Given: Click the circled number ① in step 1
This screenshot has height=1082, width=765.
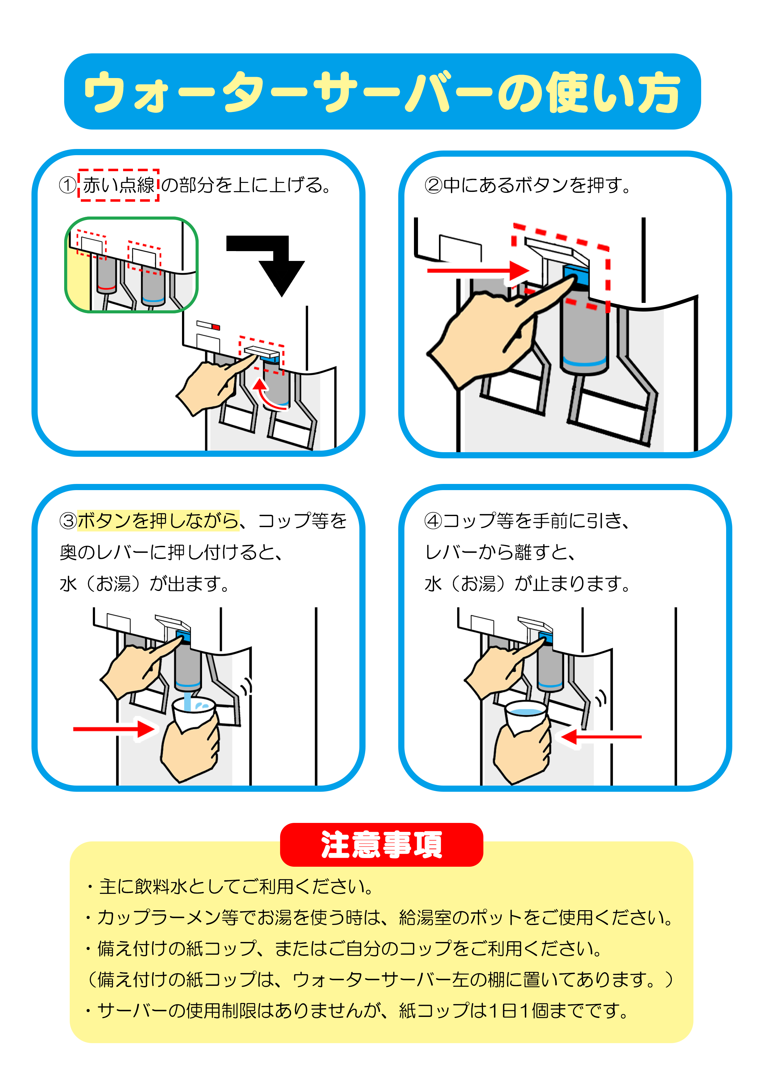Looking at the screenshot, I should click(x=68, y=185).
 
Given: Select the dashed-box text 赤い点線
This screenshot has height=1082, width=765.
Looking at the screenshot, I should click(x=118, y=185).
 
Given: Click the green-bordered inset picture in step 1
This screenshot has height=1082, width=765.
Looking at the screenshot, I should click(x=131, y=265).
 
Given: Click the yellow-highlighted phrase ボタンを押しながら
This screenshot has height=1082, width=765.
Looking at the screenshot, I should click(x=158, y=521).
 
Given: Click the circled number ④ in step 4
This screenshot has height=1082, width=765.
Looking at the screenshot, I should click(x=433, y=521).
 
